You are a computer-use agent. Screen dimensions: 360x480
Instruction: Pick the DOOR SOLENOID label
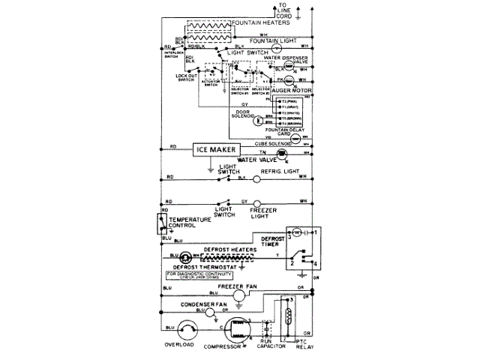pyautogui.click(x=244, y=115)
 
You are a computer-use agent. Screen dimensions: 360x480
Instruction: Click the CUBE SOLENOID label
pyautogui.click(x=272, y=142)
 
